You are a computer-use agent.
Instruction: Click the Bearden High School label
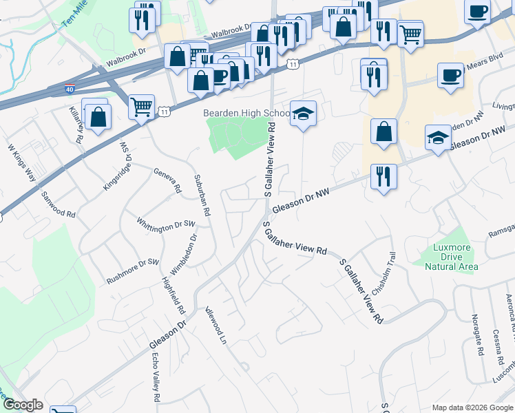(245, 113)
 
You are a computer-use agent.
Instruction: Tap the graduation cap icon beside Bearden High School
(302, 114)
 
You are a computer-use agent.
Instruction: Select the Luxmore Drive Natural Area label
(451, 257)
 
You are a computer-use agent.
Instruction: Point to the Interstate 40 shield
(70, 89)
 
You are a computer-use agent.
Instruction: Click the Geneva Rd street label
(167, 180)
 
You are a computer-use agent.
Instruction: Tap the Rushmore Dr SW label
(133, 272)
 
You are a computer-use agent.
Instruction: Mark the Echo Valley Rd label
(156, 377)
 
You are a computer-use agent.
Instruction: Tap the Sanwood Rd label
(58, 205)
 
